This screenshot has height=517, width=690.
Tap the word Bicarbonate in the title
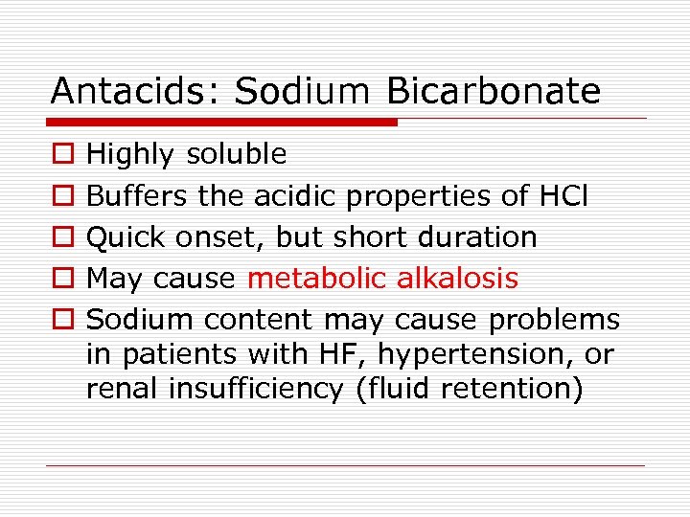tap(494, 91)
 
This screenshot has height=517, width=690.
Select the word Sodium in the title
tap(302, 91)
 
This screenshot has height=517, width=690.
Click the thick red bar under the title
tap(223, 123)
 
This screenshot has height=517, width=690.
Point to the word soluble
tap(237, 154)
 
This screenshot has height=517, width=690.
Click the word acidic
tap(295, 196)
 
